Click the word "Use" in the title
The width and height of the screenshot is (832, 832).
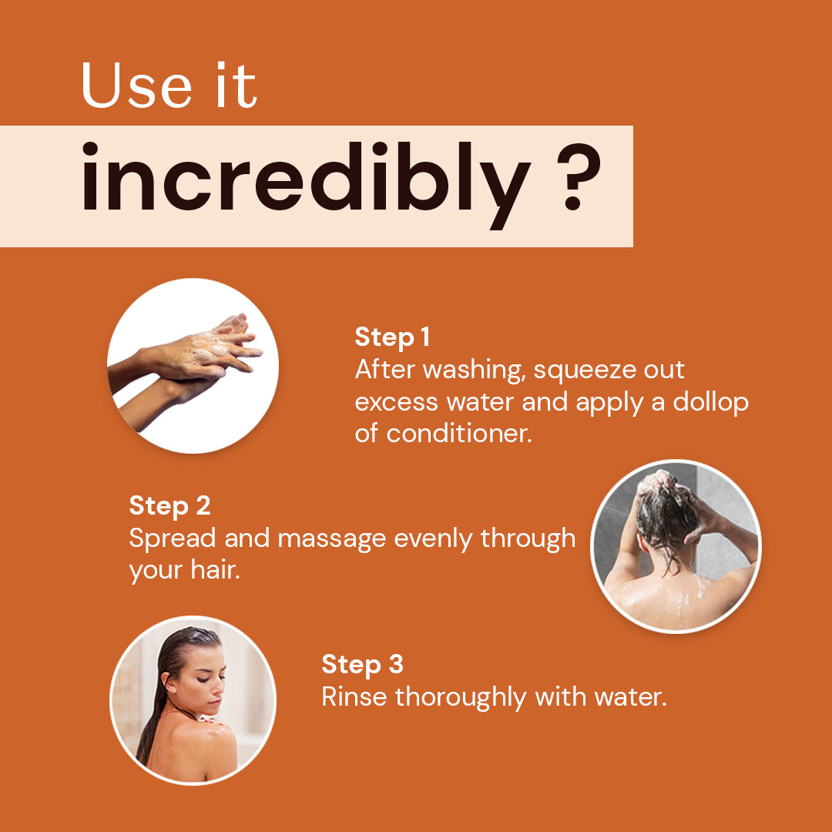136,86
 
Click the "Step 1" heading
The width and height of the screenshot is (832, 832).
392,337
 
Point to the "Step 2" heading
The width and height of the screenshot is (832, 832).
169,505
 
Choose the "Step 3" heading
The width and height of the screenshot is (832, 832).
362,664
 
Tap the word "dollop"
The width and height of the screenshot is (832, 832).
710,401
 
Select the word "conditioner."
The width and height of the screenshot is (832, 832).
459,434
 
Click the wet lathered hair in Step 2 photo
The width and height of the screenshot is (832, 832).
666,509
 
